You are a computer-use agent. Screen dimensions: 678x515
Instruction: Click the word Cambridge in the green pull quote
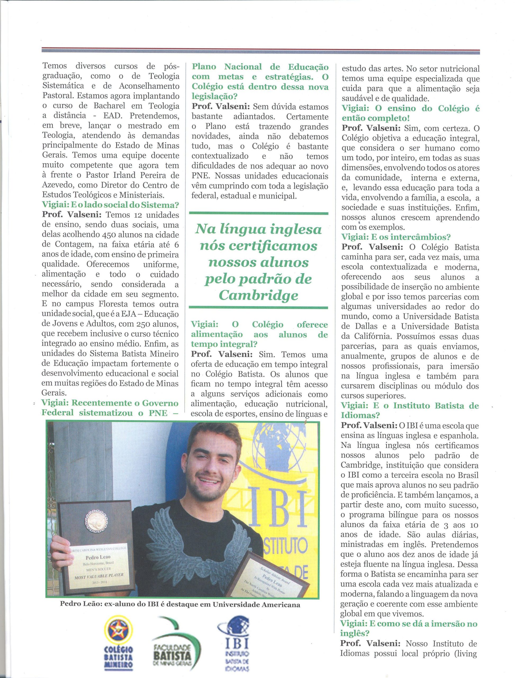(x=259, y=296)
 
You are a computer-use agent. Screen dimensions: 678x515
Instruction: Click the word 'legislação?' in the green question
(x=214, y=96)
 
